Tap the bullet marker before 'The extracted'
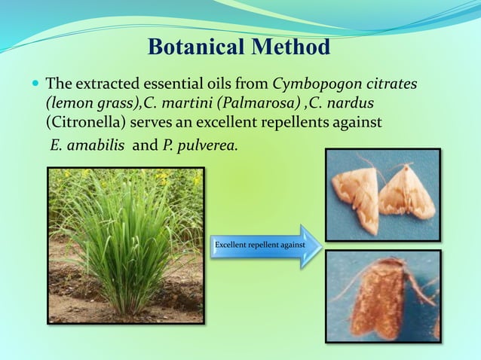coord(35,82)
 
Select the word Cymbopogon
coord(314,82)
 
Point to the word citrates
coord(388,82)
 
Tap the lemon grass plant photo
coord(125,246)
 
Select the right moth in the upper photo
coord(407,195)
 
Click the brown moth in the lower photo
coord(381,298)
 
